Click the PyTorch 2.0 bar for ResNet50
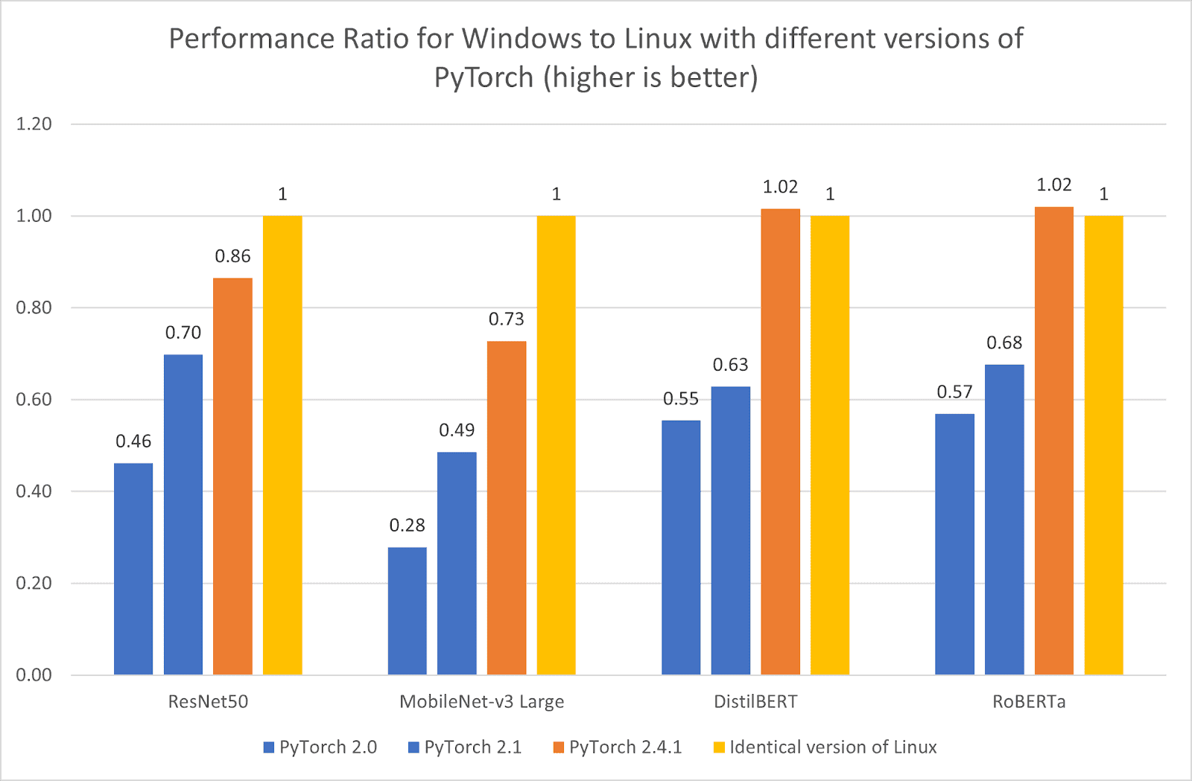pyautogui.click(x=133, y=569)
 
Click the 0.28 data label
pyautogui.click(x=407, y=526)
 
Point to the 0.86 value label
pyautogui.click(x=232, y=257)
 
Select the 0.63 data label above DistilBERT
pyautogui.click(x=730, y=365)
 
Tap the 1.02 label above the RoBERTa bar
pyautogui.click(x=1053, y=185)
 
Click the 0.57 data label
pyautogui.click(x=954, y=392)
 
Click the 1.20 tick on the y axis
pyautogui.click(x=34, y=124)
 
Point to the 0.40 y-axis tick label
pyautogui.click(x=34, y=491)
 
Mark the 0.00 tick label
pyautogui.click(x=34, y=675)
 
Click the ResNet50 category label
pyautogui.click(x=208, y=702)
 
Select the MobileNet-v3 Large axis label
pyautogui.click(x=481, y=702)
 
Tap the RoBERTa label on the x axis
pyautogui.click(x=1029, y=702)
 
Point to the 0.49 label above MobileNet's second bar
pyautogui.click(x=457, y=430)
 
